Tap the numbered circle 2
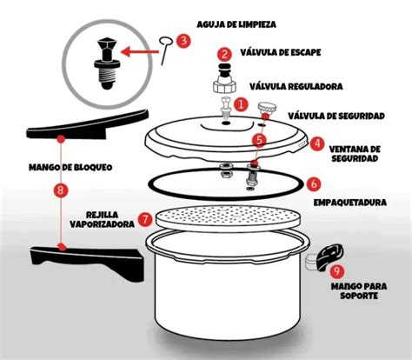(224, 54)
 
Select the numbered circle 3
(183, 40)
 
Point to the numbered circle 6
(314, 184)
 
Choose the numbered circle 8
(59, 189)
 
